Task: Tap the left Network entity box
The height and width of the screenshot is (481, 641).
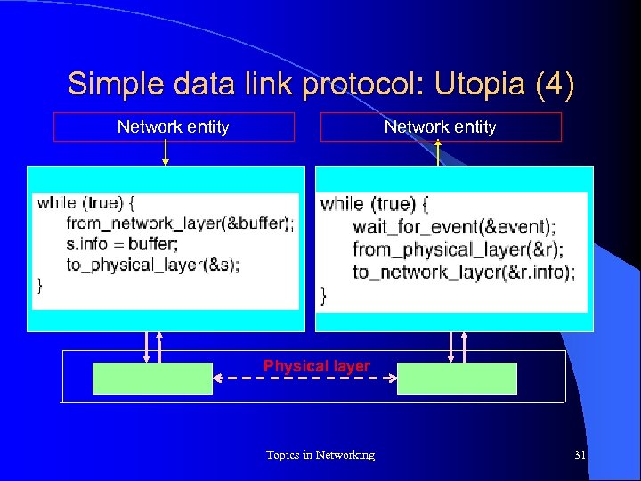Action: (174, 126)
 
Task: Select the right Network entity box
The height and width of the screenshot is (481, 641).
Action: (441, 126)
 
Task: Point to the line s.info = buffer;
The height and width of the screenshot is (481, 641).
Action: (122, 243)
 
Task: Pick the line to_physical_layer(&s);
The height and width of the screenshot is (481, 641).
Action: (152, 264)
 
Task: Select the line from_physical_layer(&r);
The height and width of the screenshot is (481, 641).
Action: (458, 249)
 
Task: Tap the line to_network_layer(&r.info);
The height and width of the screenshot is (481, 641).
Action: (464, 272)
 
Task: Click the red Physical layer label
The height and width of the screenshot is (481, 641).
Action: (316, 365)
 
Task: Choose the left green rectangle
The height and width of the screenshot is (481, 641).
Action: (153, 379)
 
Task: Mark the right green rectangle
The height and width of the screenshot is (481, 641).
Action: (457, 379)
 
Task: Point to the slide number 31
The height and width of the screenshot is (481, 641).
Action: (580, 455)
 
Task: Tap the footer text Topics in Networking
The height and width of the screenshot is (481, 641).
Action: (320, 455)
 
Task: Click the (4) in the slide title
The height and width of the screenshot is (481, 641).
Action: (554, 85)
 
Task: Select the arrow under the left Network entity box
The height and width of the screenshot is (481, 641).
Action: (166, 153)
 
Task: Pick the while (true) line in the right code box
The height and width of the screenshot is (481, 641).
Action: (374, 204)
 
